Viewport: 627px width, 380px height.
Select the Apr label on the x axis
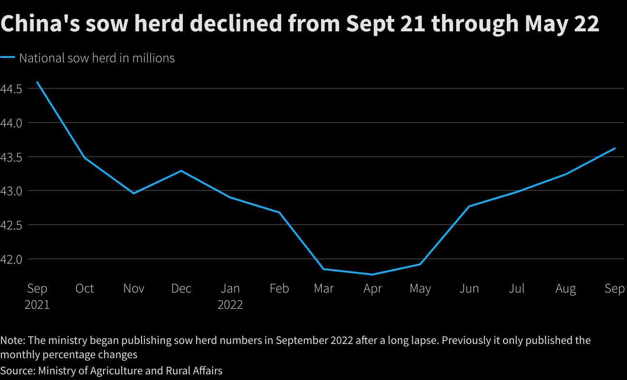(x=372, y=289)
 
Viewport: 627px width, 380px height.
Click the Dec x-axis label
(x=181, y=289)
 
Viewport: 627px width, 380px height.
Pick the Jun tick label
(x=469, y=289)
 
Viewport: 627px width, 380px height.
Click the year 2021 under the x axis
(x=37, y=304)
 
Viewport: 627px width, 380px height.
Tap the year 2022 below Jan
(x=230, y=304)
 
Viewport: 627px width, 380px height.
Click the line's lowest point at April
(x=372, y=274)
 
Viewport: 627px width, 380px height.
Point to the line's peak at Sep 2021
(x=37, y=82)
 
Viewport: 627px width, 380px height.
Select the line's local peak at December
(x=181, y=171)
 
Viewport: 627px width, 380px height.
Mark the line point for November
(x=133, y=193)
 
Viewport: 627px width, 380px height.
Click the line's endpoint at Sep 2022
(x=615, y=148)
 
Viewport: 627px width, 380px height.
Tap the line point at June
(x=469, y=206)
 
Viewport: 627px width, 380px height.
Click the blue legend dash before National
(x=8, y=58)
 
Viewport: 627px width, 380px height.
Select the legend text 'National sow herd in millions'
(x=97, y=58)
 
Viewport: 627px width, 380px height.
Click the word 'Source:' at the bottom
(x=18, y=370)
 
